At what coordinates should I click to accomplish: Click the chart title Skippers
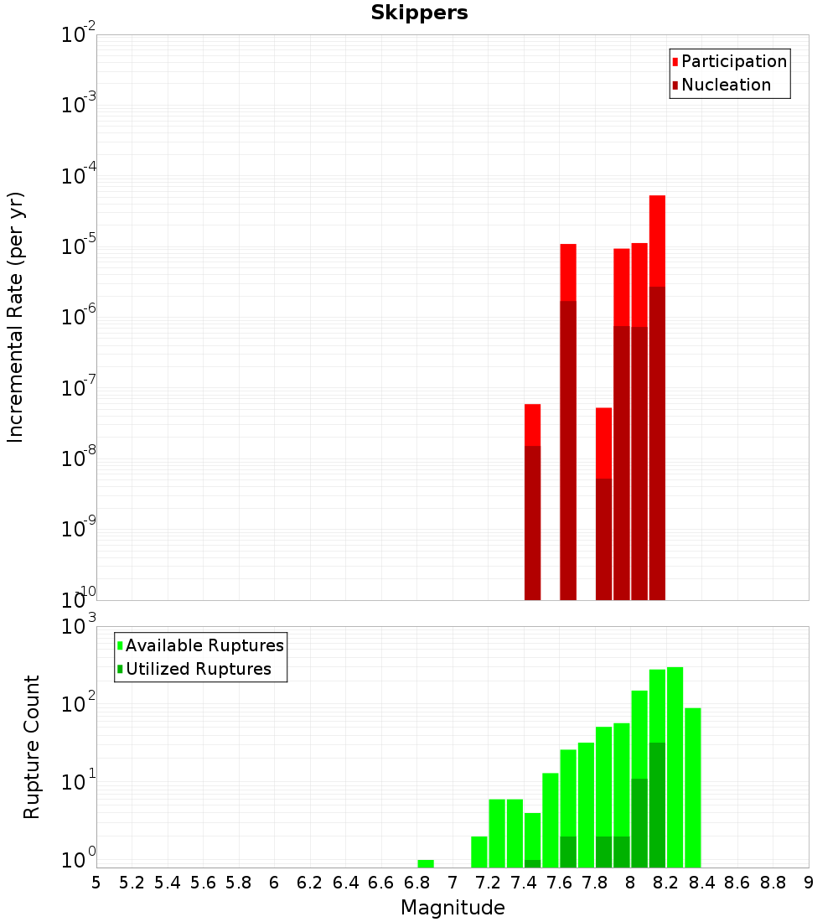(x=419, y=13)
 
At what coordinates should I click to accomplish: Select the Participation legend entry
(x=733, y=61)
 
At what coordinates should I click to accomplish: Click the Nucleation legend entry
(x=725, y=85)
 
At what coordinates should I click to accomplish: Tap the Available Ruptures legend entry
(x=204, y=645)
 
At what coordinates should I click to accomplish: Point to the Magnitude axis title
(x=453, y=908)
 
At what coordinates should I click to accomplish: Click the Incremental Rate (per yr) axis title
(x=16, y=317)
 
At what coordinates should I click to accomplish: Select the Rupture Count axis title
(x=32, y=747)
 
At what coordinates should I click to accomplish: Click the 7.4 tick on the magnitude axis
(x=524, y=883)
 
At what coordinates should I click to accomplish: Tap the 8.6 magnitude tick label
(x=737, y=883)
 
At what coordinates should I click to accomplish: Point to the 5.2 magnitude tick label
(x=132, y=883)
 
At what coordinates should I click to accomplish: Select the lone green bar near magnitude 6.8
(x=426, y=863)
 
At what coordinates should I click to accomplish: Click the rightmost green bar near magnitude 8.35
(x=692, y=788)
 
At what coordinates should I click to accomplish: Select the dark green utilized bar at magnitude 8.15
(x=657, y=805)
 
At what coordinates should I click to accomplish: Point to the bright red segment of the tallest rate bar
(x=657, y=241)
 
